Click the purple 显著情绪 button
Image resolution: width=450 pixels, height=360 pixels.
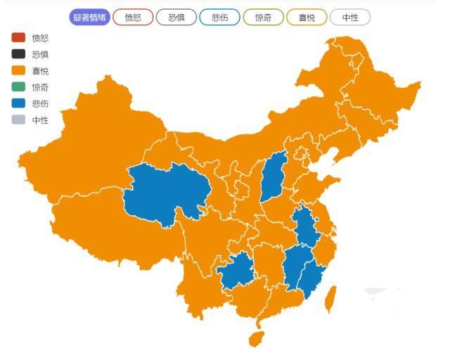90,18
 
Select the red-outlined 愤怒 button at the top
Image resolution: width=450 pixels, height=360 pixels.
133,18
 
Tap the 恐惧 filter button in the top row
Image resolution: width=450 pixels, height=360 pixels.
176,18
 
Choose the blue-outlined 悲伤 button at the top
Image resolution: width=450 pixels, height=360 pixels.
219,18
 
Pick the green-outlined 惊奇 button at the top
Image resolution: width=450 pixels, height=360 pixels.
263,18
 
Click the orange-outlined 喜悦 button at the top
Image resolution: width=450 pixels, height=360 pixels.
307,18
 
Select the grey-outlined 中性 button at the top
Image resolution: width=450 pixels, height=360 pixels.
350,18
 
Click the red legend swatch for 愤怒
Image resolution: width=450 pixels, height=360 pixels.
18,37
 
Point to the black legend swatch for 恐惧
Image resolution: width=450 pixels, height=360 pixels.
18,54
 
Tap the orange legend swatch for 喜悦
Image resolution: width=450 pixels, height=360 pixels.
18,70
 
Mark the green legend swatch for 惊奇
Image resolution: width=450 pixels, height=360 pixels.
18,87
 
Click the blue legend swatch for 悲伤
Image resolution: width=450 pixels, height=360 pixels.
18,103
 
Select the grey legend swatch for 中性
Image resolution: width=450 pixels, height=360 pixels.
18,120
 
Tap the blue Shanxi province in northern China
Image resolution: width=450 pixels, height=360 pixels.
273,176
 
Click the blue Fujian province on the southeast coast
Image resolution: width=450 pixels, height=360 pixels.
311,278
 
